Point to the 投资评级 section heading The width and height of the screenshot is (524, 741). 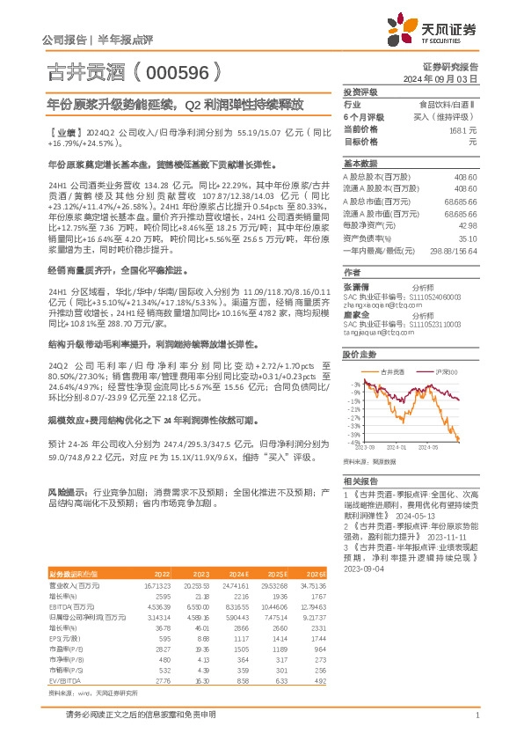click(x=360, y=92)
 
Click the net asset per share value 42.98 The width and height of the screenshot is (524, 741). click(x=468, y=225)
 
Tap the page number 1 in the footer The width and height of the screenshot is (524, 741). click(x=476, y=715)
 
